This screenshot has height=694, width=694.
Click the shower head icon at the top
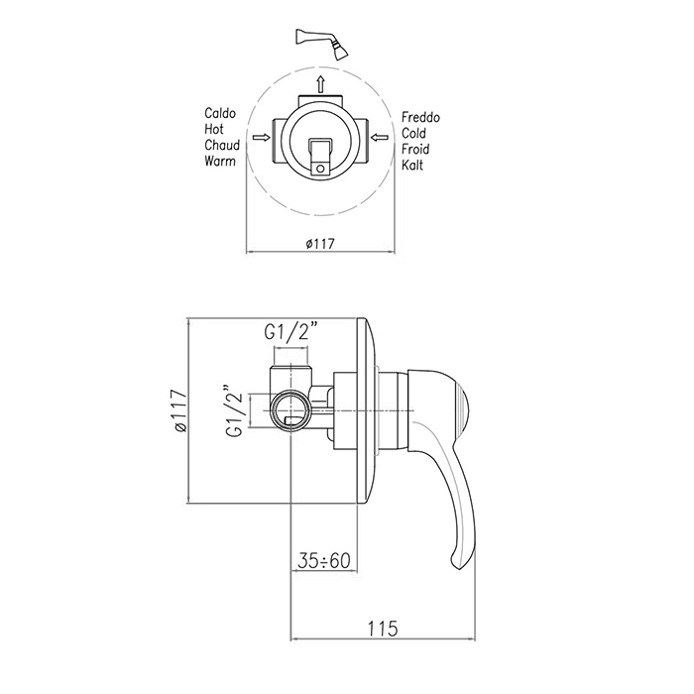[322, 44]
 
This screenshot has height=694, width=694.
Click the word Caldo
[220, 113]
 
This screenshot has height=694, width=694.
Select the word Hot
[214, 129]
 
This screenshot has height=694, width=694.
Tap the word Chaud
[222, 145]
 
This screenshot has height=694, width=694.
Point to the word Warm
[220, 161]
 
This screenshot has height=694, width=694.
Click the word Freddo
[420, 117]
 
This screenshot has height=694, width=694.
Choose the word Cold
[413, 133]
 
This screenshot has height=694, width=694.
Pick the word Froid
[415, 149]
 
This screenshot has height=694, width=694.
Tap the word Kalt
[412, 166]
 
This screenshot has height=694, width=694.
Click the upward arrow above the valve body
[321, 84]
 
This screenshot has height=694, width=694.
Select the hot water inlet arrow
[261, 138]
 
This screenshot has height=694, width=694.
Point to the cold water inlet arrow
[380, 138]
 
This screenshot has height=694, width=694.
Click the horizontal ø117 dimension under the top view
[320, 244]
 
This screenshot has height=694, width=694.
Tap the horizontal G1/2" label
[291, 332]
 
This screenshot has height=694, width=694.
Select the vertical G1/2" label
[235, 409]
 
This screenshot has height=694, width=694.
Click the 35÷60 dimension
[324, 561]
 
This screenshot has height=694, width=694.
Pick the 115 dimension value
[383, 629]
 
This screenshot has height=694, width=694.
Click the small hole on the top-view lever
[321, 169]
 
